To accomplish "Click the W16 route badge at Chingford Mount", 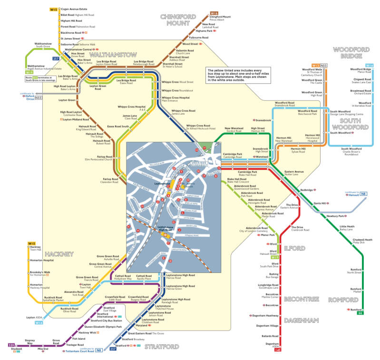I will [x=214, y=13].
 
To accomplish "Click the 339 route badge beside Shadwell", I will [x=11, y=345].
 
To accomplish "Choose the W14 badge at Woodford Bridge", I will [x=369, y=65].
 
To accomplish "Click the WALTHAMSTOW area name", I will [x=117, y=54].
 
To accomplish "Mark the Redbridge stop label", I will [x=307, y=189].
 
